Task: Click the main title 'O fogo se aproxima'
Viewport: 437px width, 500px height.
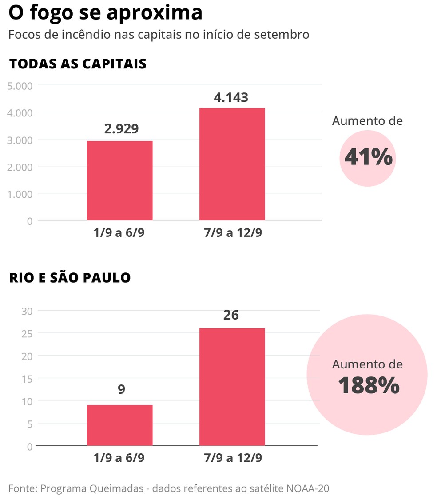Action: click(106, 13)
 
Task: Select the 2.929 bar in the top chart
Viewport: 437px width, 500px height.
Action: click(119, 180)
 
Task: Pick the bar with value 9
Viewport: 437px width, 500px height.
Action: click(119, 425)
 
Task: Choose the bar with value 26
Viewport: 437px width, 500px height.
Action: click(232, 387)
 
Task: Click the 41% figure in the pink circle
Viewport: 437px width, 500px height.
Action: click(368, 157)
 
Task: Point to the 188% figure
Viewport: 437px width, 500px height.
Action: click(368, 385)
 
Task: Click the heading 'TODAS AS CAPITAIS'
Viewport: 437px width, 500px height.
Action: click(78, 64)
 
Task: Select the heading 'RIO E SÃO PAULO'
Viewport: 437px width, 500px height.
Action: click(70, 278)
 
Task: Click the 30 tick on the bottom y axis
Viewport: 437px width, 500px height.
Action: click(27, 311)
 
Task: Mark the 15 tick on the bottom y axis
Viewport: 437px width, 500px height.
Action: click(27, 379)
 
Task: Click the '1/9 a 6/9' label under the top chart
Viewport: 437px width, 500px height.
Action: click(119, 232)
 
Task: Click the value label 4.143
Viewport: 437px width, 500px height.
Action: click(231, 97)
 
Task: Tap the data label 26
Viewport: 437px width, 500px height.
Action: click(231, 315)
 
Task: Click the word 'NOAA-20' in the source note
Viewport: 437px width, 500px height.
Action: click(308, 488)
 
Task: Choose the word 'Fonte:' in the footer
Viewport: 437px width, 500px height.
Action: click(22, 488)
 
